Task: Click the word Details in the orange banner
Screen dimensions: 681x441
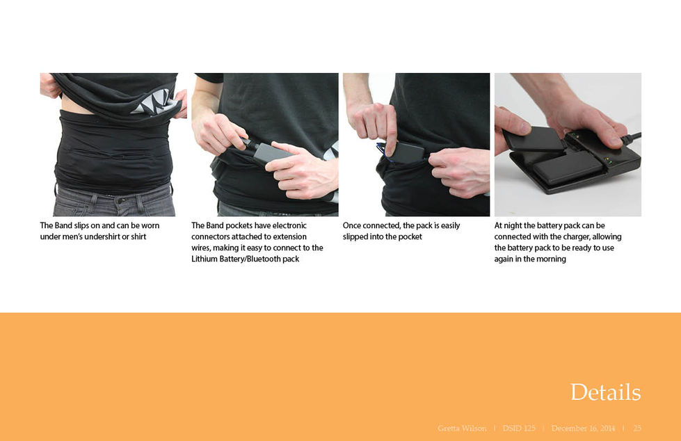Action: click(605, 392)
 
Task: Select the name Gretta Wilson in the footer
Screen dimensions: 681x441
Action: click(462, 428)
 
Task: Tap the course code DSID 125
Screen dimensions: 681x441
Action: click(519, 428)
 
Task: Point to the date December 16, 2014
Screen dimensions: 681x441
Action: click(584, 428)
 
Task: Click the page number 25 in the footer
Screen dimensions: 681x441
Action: click(637, 428)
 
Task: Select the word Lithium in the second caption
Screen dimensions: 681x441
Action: click(205, 259)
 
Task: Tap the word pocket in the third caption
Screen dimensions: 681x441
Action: click(410, 236)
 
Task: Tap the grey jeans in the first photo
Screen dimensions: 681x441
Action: click(114, 201)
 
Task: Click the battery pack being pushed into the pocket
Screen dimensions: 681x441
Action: click(407, 152)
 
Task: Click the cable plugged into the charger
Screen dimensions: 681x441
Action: click(631, 138)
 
